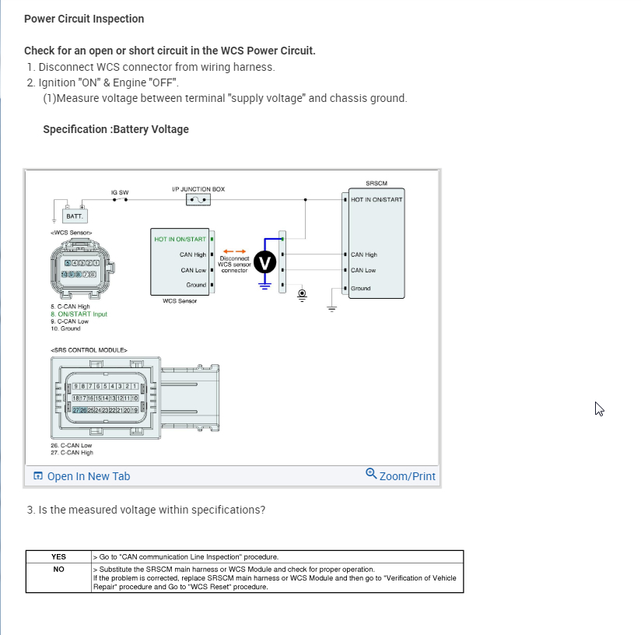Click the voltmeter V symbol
coord(265,263)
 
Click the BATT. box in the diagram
coord(75,216)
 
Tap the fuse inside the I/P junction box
coord(198,200)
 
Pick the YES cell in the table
coord(58,557)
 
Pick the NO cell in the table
coord(58,569)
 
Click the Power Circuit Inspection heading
coord(84,19)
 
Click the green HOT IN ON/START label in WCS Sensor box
coord(180,239)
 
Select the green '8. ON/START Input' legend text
coord(79,314)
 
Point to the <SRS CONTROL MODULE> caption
coord(89,350)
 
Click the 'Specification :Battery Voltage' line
coord(116,129)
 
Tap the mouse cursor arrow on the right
coord(599,409)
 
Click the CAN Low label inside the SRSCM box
coord(363,270)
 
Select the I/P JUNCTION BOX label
coord(198,189)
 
